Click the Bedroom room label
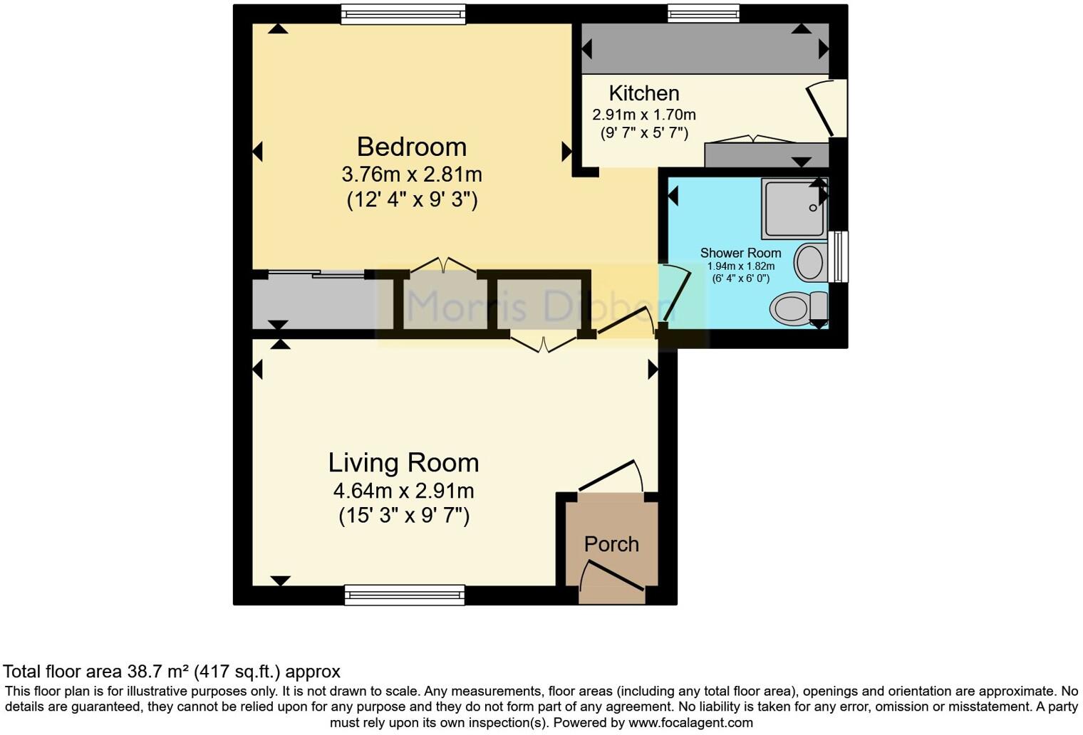411,147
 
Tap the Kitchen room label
643,93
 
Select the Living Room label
403,463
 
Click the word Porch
611,544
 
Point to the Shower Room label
740,253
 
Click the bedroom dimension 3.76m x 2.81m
411,174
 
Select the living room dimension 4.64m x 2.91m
403,491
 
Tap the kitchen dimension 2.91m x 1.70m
643,115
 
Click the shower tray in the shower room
793,208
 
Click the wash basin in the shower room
809,262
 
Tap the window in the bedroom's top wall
403,14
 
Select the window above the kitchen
703,13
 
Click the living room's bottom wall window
404,595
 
